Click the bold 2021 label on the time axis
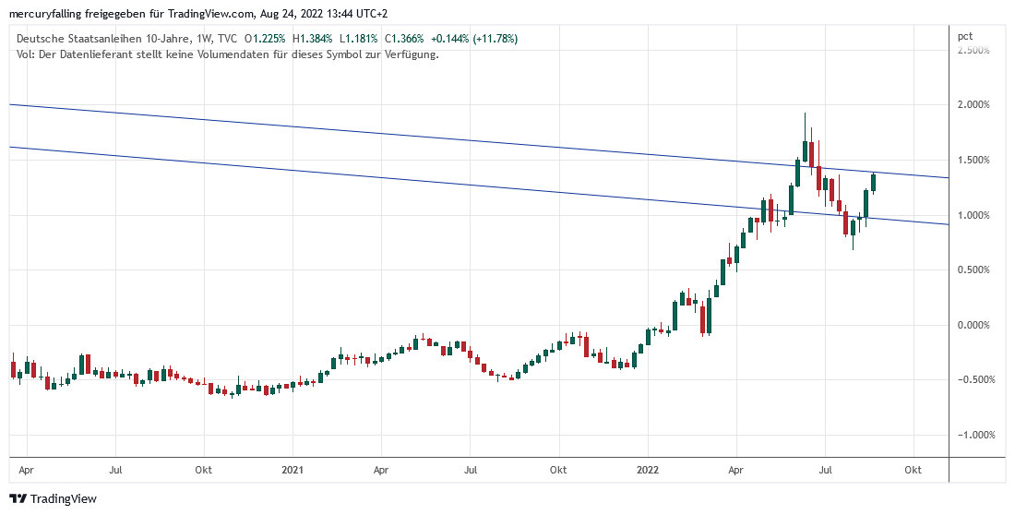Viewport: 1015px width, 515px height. coord(293,470)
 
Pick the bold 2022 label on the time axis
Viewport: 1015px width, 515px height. coord(648,470)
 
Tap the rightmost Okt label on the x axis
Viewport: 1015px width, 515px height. coord(913,470)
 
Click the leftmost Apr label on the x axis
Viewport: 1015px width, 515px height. coord(27,470)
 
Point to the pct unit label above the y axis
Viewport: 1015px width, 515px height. coord(965,36)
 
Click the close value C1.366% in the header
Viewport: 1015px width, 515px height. coord(403,39)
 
